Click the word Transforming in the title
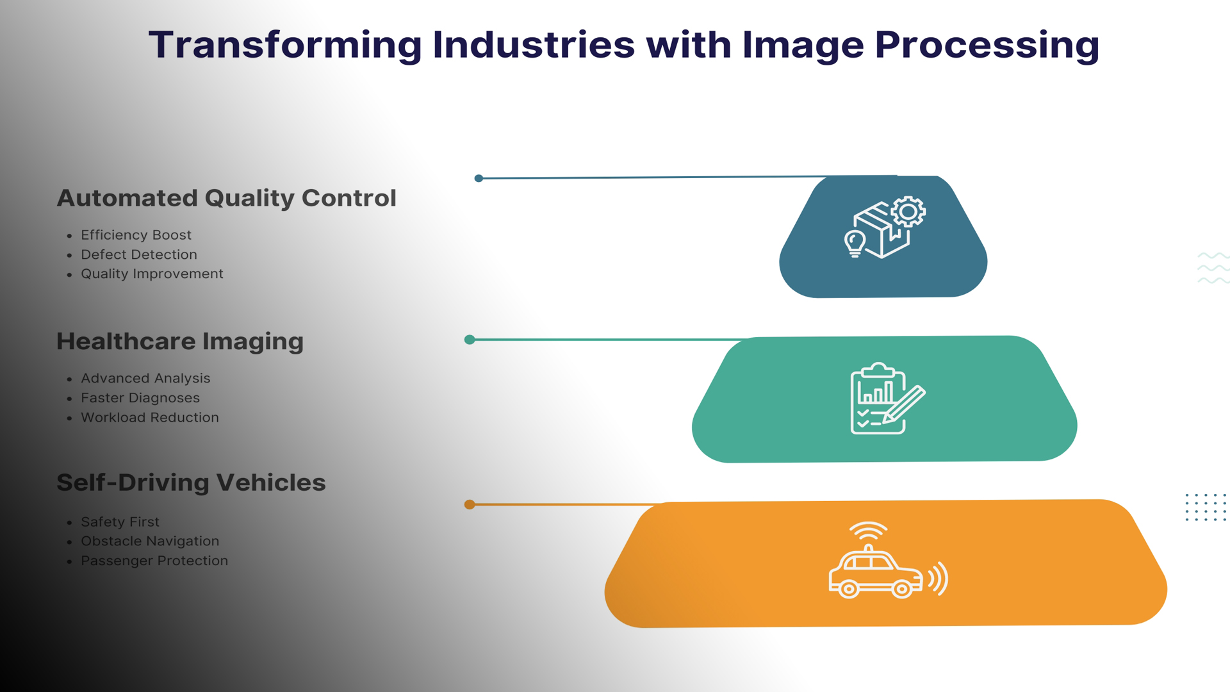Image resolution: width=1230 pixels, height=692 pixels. click(x=285, y=46)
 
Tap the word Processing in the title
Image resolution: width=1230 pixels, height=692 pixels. click(x=987, y=46)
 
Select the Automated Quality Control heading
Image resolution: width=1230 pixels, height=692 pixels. click(x=227, y=199)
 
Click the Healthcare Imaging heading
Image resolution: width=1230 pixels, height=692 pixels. click(x=180, y=342)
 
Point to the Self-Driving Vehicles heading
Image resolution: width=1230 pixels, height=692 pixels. click(x=191, y=483)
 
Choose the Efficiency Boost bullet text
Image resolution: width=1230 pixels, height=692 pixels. click(x=136, y=235)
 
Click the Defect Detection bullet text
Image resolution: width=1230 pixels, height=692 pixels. click(x=139, y=254)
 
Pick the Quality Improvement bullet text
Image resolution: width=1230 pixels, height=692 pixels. click(x=152, y=274)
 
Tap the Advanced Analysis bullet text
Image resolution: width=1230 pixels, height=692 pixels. click(x=145, y=379)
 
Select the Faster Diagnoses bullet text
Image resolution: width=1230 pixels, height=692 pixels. click(x=140, y=398)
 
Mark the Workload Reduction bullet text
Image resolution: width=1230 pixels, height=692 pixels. click(x=150, y=418)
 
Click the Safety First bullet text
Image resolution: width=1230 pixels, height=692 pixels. click(x=120, y=522)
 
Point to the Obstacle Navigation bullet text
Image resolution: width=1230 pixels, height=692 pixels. click(x=150, y=541)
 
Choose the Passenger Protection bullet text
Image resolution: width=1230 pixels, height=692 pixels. click(x=154, y=561)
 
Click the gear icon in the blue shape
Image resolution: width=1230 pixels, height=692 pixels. click(x=908, y=212)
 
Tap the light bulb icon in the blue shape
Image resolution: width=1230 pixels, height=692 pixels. click(x=855, y=243)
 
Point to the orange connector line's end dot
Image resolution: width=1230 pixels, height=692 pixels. click(x=470, y=505)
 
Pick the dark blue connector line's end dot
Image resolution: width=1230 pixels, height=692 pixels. click(x=479, y=179)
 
